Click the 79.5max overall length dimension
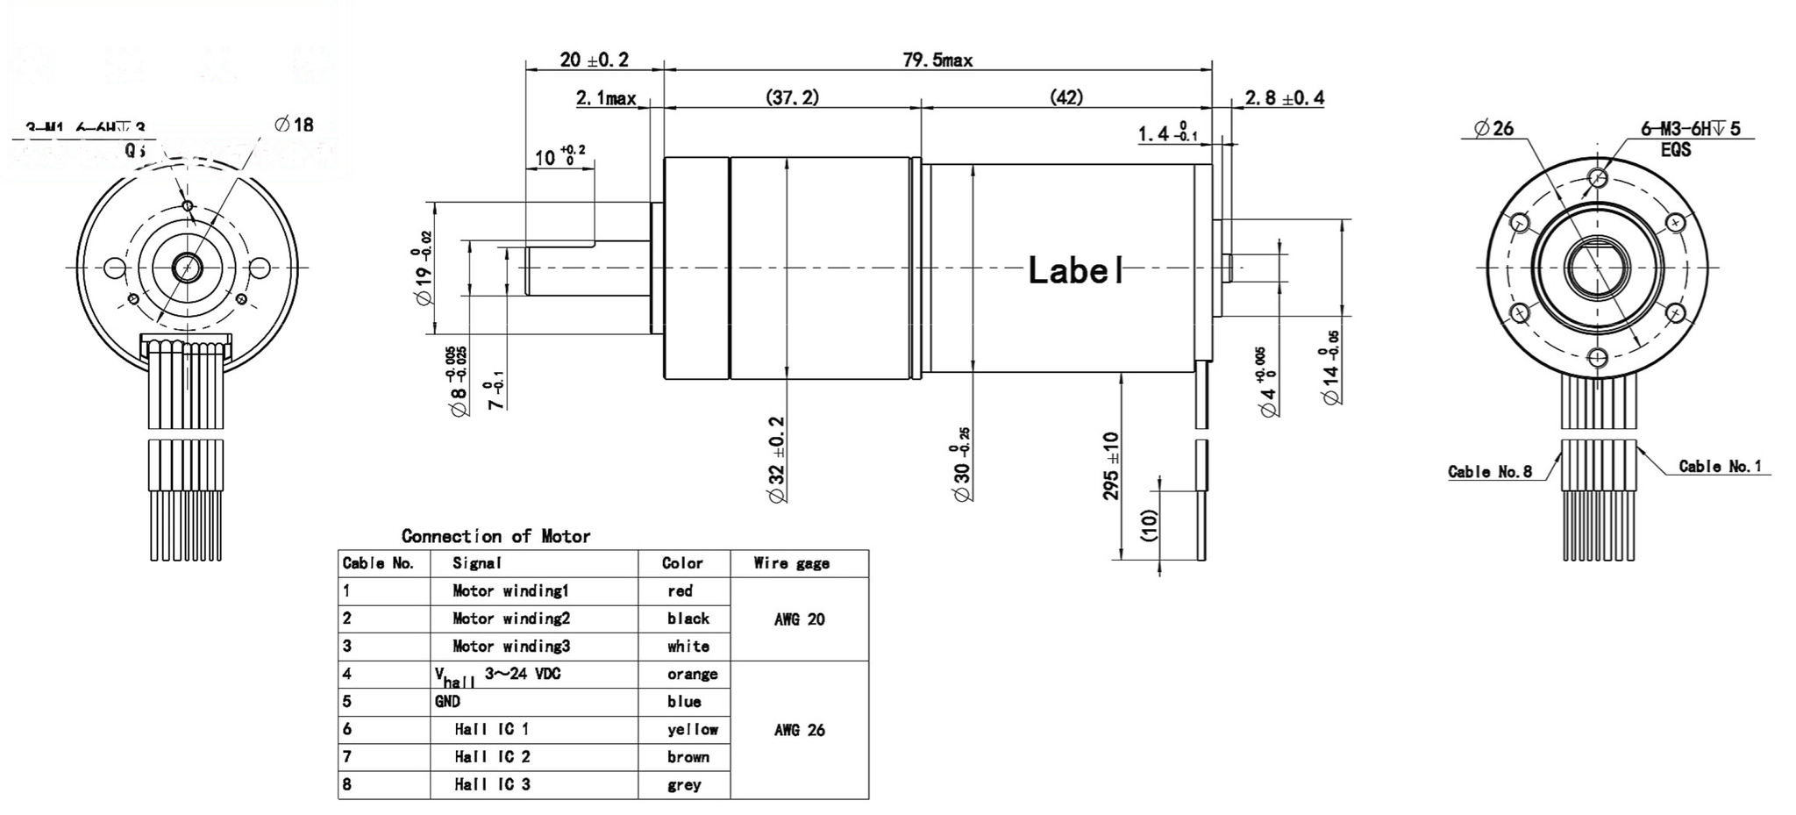coord(937,60)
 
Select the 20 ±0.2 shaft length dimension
coord(594,60)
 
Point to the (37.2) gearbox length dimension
coord(792,97)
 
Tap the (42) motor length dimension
coord(1066,97)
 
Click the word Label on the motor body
coord(1075,270)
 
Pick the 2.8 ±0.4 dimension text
coord(1284,98)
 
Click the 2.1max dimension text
coord(606,98)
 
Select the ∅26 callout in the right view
coord(1493,129)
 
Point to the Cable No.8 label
coord(1489,472)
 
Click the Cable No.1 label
coord(1720,467)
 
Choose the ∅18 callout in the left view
coord(294,125)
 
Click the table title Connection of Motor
coord(495,536)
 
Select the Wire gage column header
coord(791,563)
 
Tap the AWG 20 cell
coord(799,619)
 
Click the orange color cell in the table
coord(692,674)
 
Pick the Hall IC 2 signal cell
coord(492,756)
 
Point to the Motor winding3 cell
coord(511,647)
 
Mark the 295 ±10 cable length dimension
coord(1110,466)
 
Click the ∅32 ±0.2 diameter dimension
coord(776,459)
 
